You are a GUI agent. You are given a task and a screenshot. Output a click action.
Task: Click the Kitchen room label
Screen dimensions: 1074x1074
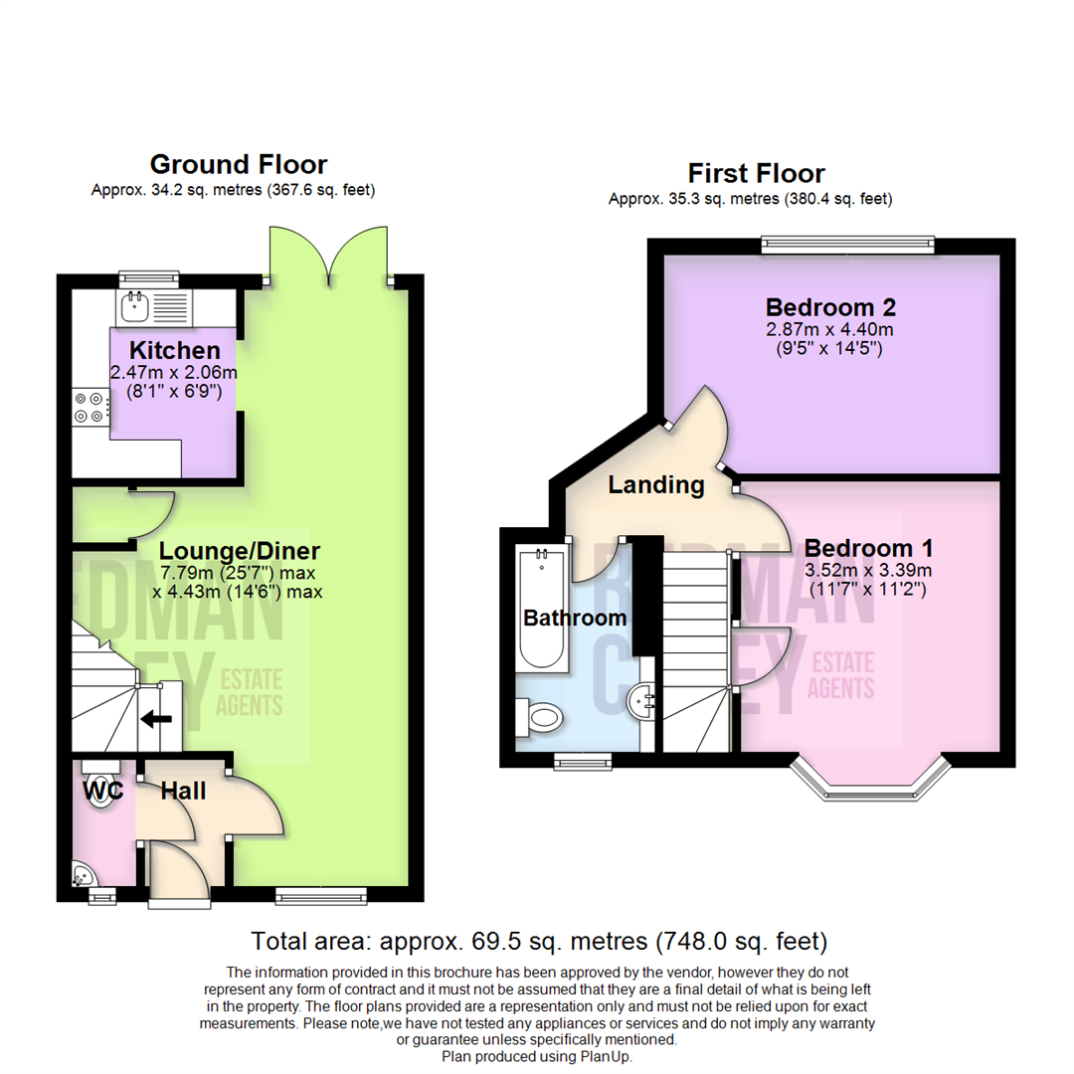tap(175, 350)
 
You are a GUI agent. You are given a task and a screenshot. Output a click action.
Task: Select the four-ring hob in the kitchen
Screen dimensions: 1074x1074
tap(89, 410)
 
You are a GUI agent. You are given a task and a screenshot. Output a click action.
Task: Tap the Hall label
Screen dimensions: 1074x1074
tap(184, 792)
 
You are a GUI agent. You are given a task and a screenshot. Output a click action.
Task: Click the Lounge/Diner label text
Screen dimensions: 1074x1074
tap(241, 551)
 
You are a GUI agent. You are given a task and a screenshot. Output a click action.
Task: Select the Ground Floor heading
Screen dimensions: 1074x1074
tap(238, 164)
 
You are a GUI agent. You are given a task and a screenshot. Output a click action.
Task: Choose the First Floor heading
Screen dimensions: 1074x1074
tap(757, 174)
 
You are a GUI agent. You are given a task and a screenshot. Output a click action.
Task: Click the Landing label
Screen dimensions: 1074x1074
tap(656, 485)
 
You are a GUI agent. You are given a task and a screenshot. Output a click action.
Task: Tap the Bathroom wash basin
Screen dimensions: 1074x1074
tap(640, 703)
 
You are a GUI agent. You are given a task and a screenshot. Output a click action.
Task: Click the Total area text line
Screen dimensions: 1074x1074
tap(539, 940)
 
